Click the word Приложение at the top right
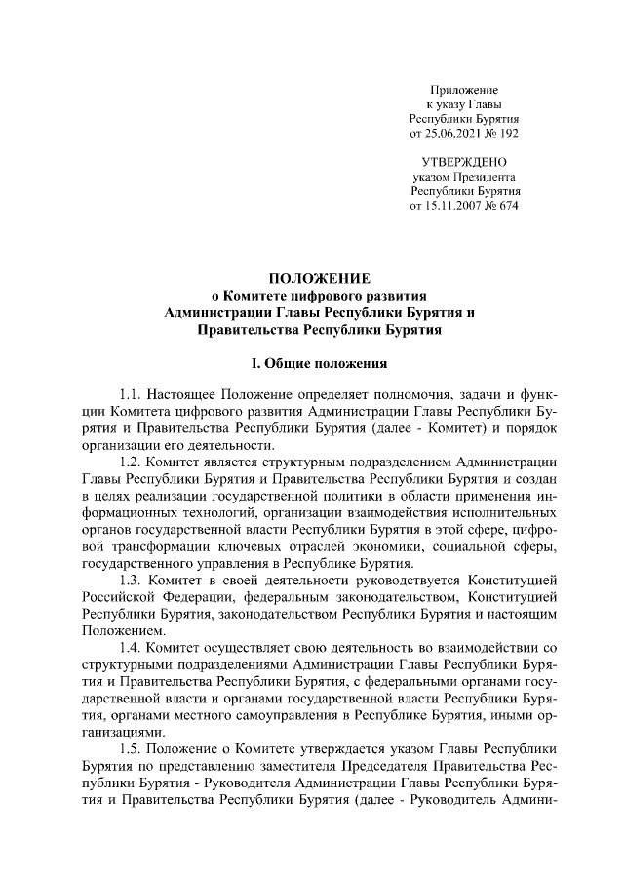[x=464, y=89]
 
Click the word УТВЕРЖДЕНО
[x=464, y=160]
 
